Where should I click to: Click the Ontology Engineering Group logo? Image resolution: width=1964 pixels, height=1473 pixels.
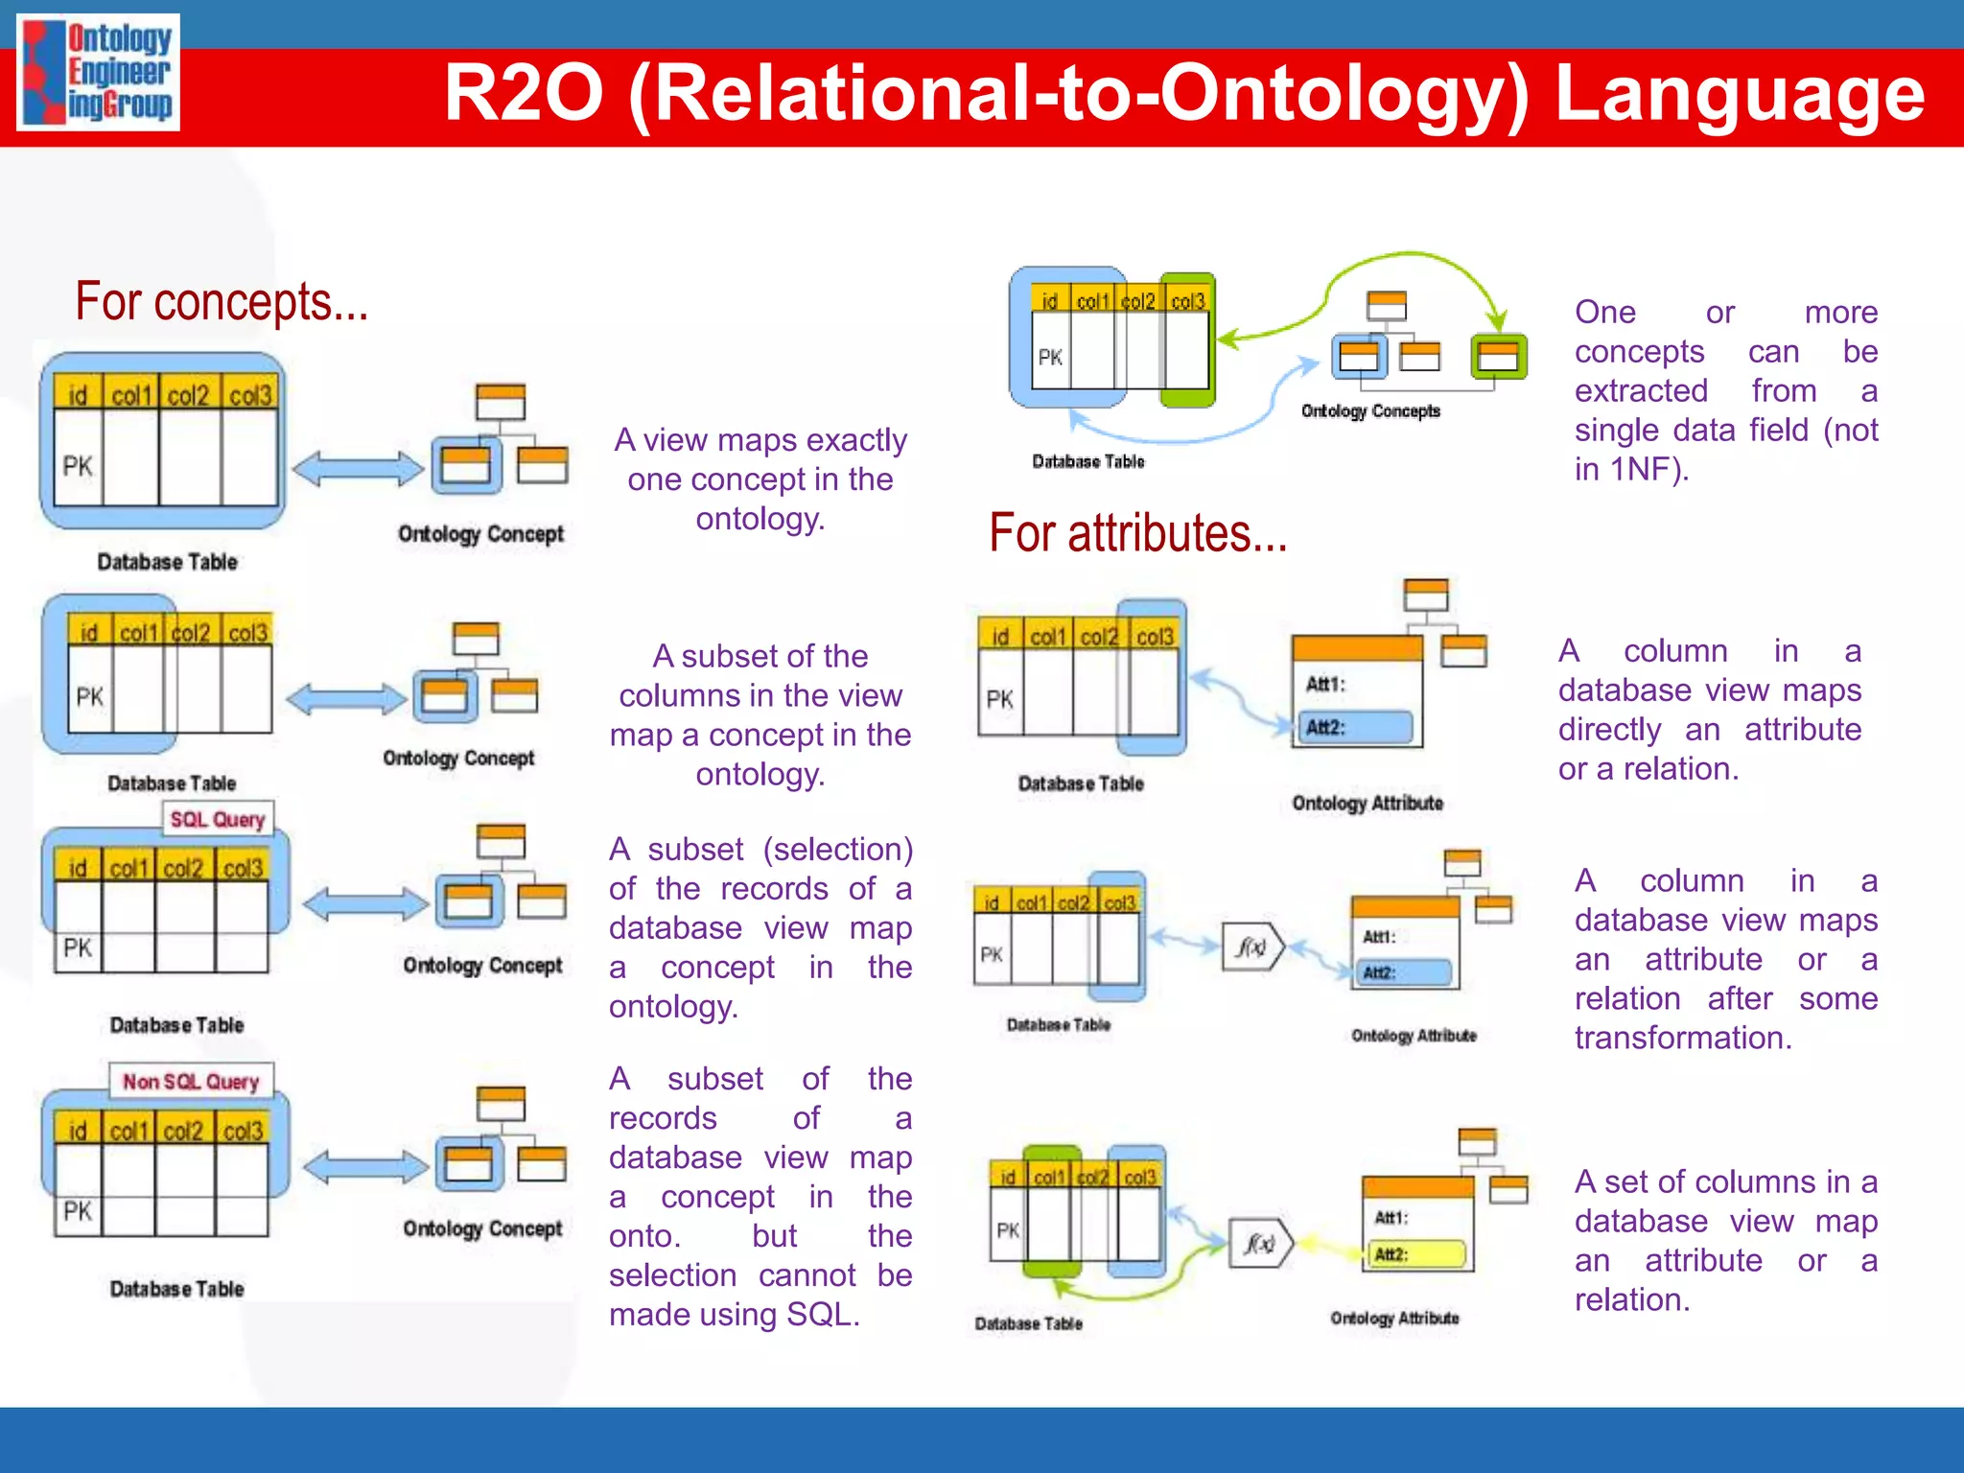[x=99, y=73]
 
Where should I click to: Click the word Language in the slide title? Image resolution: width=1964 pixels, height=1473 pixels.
[x=1739, y=94]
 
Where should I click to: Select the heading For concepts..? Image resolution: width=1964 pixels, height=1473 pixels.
[x=222, y=302]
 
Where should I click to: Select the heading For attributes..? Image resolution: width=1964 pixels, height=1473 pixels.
[x=1137, y=533]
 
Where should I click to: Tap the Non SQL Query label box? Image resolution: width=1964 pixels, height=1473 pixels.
[x=191, y=1082]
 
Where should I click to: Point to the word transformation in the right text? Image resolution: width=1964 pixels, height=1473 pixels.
[x=1682, y=1038]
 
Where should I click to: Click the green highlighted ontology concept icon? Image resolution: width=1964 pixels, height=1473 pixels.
[x=1498, y=356]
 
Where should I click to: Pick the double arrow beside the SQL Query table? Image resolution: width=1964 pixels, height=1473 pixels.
[x=365, y=903]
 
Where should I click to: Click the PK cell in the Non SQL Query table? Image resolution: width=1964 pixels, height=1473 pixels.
[x=78, y=1211]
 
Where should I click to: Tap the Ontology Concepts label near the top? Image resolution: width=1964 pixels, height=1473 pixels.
[x=1370, y=410]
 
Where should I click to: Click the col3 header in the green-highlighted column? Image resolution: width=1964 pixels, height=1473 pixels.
[x=1187, y=301]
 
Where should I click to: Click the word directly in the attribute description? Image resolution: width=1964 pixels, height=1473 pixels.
[x=1609, y=730]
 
